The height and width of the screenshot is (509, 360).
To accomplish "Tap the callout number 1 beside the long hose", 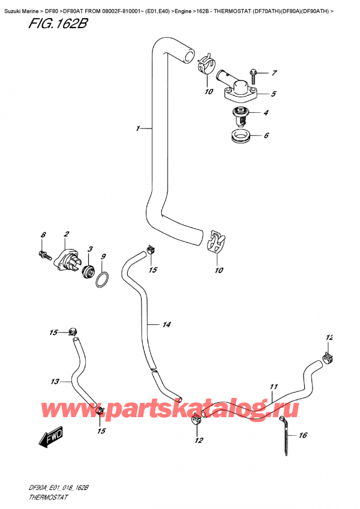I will pos(138,128).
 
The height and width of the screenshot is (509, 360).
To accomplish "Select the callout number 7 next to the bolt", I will pos(274,74).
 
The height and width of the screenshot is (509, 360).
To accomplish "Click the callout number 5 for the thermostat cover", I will pos(274,94).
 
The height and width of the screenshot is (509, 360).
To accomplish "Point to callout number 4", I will pos(265,113).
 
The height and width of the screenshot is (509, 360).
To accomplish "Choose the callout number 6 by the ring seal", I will pos(266,136).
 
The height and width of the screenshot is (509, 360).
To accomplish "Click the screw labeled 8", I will pos(44,254).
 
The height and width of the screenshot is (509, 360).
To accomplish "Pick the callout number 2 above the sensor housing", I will pos(66,233).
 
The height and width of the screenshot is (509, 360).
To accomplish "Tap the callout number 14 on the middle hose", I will pos(166,325).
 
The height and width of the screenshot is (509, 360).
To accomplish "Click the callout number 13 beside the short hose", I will pos(55,381).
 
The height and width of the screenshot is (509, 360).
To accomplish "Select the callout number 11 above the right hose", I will pos(273,387).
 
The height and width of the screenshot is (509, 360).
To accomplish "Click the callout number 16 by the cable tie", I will pos(302,435).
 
